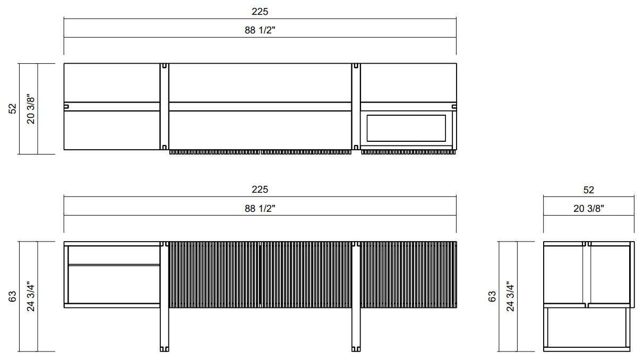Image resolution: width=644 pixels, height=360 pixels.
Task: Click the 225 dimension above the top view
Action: pos(260,11)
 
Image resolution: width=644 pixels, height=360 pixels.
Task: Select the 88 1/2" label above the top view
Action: pos(260,30)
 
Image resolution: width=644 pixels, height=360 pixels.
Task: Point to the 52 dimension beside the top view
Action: pos(13,108)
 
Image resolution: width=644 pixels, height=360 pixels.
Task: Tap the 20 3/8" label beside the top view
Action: pos(31,109)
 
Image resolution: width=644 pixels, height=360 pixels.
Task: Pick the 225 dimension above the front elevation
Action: pos(260,189)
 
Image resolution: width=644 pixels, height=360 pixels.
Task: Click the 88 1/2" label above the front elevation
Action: pos(260,208)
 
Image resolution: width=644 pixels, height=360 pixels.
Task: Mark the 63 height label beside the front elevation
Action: pos(13,296)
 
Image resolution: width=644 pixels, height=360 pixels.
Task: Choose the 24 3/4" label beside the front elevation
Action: pos(31,296)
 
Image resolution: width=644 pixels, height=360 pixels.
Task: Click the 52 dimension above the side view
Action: pos(588,190)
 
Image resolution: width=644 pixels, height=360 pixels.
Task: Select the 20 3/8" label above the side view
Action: pos(588,208)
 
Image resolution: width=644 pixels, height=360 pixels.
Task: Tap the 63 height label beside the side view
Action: pos(492,296)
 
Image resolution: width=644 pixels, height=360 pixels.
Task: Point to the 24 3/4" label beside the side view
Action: pos(510,296)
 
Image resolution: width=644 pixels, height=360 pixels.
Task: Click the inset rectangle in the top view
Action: pos(406,128)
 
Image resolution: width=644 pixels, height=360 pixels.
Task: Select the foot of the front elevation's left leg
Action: pos(164,348)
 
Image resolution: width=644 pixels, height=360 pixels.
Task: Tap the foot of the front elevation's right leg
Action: pos(356,348)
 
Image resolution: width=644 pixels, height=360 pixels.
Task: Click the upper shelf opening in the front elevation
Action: pos(114,254)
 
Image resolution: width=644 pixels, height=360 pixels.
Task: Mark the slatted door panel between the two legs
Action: pos(260,274)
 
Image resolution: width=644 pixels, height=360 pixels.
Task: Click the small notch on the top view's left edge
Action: pos(66,106)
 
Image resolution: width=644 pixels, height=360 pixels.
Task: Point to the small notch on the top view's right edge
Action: pos(454,106)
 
